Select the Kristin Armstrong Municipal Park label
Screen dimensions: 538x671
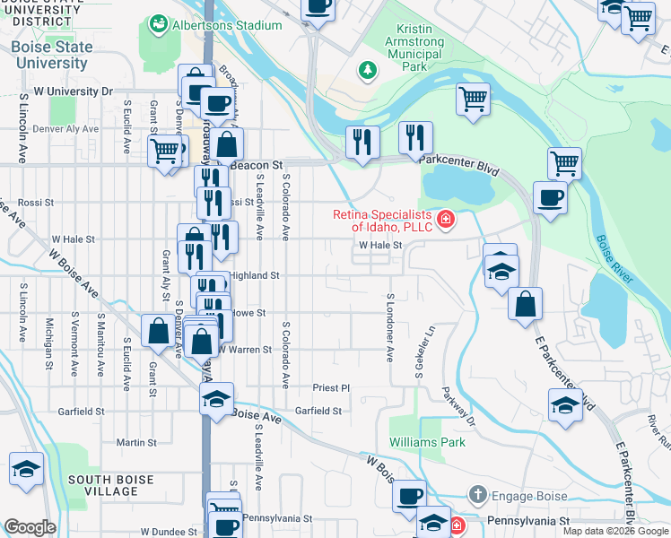(414, 42)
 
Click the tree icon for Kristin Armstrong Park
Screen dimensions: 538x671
(366, 69)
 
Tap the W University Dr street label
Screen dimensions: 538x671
(68, 91)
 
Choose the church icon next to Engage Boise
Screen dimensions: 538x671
(479, 494)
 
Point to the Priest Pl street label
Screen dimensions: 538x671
(330, 388)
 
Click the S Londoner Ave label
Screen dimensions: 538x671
(390, 327)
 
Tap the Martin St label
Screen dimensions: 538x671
(136, 442)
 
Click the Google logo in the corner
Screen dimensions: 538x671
(30, 527)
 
